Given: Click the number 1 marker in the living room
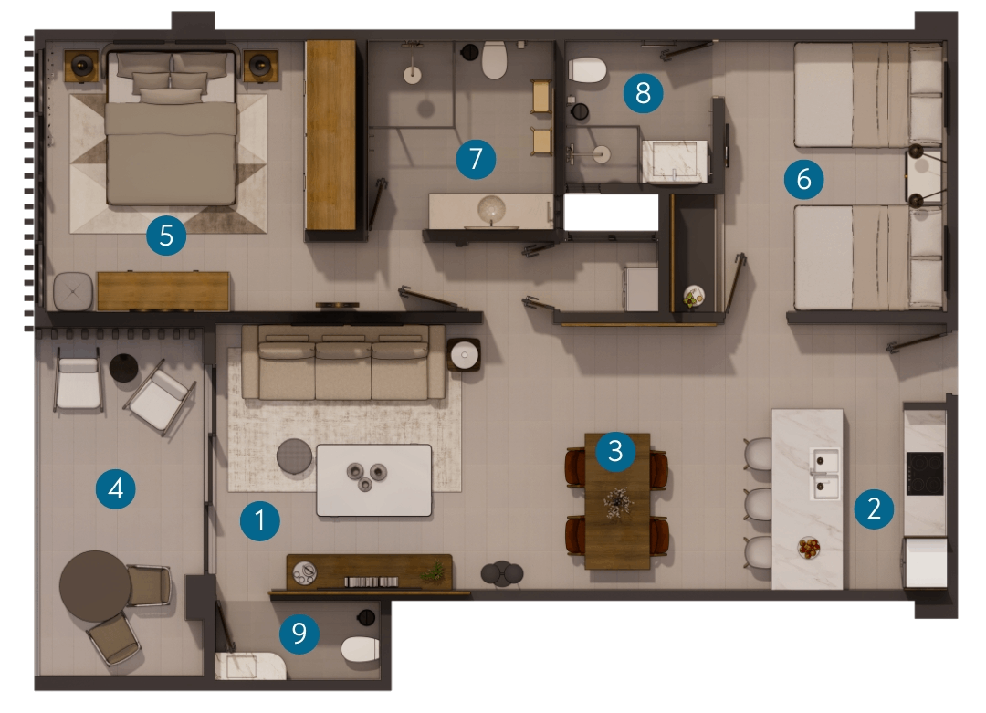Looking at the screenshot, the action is pos(259,520).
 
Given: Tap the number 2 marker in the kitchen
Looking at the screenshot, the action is pos(874,509).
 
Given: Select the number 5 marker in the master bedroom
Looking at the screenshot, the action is pos(166,236).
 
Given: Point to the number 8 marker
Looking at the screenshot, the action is pos(643,93).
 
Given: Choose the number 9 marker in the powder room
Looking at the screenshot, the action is pos(299,634).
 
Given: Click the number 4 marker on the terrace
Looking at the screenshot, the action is pos(116,488).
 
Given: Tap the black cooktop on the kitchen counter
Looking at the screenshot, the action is pos(924,474).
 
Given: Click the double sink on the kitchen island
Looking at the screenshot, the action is pos(824,474).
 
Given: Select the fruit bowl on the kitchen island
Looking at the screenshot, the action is pos(809,548).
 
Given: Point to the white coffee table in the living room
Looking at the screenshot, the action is pos(374,480).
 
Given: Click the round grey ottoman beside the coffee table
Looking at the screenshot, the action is pos(294,456).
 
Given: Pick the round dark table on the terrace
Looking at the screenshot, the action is pos(95,586).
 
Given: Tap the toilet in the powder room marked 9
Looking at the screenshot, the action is pos(360,649).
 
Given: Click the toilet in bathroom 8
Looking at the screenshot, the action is pos(587,69).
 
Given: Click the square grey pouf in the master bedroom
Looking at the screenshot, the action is pos(73,291).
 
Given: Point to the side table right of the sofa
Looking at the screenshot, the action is pos(464,355).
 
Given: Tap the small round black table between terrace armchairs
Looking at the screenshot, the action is pos(124,368).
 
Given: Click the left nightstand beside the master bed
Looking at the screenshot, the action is pos(82,66).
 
